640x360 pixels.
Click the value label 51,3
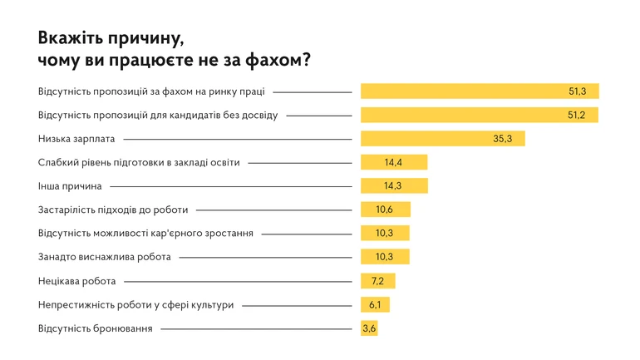(577, 91)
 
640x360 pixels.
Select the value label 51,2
(577, 116)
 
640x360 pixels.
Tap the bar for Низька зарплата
(442, 139)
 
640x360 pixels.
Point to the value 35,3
(502, 139)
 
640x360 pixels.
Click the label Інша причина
(70, 186)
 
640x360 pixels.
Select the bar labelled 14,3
(394, 186)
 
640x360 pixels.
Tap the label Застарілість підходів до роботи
(113, 210)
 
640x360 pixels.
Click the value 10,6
(385, 210)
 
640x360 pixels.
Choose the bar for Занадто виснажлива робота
(385, 257)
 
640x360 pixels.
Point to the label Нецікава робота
(76, 281)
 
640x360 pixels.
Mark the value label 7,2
(377, 281)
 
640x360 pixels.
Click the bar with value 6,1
(375, 305)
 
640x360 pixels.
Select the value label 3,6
(370, 329)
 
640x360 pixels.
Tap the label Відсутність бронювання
(96, 329)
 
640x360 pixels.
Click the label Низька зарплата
(76, 139)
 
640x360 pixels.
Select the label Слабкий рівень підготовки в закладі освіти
(139, 163)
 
